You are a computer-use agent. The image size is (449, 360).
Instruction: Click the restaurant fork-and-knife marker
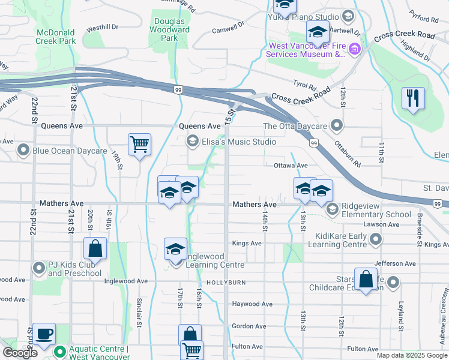413,98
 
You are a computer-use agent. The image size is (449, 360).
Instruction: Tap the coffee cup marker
43,334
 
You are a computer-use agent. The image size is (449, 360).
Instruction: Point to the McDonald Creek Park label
55,37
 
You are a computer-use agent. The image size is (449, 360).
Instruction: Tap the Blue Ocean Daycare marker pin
23,150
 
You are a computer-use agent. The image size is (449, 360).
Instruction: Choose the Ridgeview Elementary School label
376,210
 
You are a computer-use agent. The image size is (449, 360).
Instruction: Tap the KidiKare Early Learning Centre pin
376,241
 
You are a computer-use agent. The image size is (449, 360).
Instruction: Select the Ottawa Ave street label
291,165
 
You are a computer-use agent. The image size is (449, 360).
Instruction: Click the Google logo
20,353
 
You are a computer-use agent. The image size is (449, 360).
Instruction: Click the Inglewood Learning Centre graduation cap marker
175,250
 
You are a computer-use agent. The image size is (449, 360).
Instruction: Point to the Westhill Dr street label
102,28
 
